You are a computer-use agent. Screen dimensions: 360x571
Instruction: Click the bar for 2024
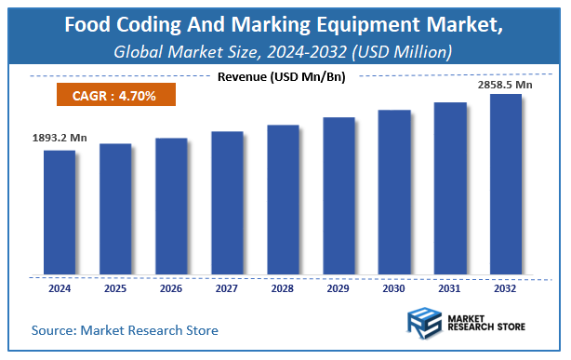pos(60,213)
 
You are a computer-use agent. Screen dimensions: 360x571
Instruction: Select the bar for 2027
pos(227,204)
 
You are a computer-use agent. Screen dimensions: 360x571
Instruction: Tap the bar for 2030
pos(394,193)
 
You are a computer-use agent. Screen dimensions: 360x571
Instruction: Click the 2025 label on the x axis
pos(115,289)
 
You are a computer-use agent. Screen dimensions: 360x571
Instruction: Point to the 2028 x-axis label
pos(283,289)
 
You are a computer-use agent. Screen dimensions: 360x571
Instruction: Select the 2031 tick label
pos(450,289)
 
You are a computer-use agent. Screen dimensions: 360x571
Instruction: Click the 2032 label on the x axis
pos(506,289)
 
